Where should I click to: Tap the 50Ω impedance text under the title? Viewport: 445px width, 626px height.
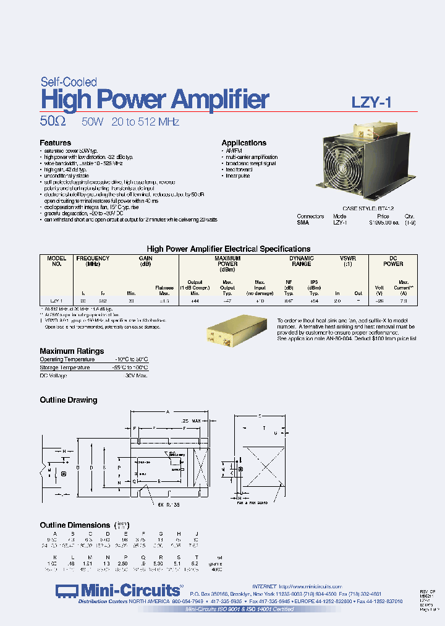pyautogui.click(x=54, y=122)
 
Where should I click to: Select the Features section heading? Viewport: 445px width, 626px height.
pyautogui.click(x=55, y=143)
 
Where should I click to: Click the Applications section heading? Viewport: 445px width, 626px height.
pyautogui.click(x=244, y=143)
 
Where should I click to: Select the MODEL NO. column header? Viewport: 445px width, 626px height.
pyautogui.click(x=56, y=261)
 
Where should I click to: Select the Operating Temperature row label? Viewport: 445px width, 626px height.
pyautogui.click(x=67, y=359)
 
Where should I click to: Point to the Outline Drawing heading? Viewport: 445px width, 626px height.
pyautogui.click(x=69, y=400)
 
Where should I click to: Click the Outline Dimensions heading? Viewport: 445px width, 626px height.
pyautogui.click(x=75, y=525)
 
